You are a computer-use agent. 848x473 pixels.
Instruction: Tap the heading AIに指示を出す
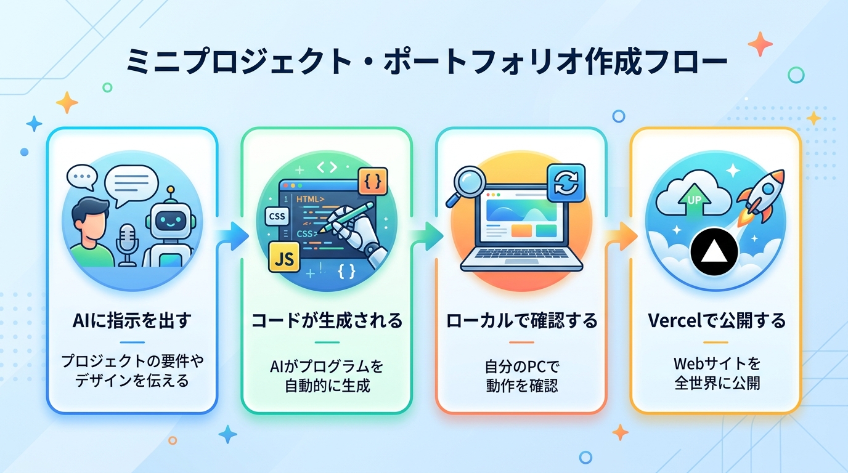pyautogui.click(x=131, y=320)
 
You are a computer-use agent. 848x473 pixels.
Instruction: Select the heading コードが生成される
pyautogui.click(x=327, y=320)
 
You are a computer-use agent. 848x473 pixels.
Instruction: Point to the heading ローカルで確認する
pyautogui.click(x=521, y=320)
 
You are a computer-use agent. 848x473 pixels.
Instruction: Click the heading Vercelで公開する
pyautogui.click(x=715, y=320)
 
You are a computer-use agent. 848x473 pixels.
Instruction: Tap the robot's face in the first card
pyautogui.click(x=168, y=219)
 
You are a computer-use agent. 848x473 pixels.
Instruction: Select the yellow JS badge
pyautogui.click(x=284, y=257)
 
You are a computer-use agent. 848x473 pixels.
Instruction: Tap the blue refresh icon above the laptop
pyautogui.click(x=566, y=182)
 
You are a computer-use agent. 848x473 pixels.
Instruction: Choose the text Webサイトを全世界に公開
pyautogui.click(x=715, y=373)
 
